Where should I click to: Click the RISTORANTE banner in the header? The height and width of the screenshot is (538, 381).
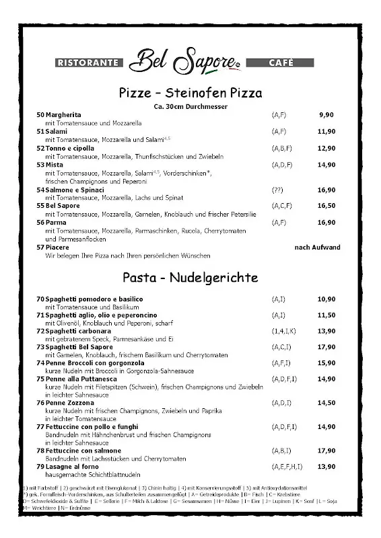(x=88, y=63)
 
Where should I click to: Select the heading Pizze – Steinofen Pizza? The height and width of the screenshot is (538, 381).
(x=190, y=92)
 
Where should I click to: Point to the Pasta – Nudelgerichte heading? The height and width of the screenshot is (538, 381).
(x=190, y=277)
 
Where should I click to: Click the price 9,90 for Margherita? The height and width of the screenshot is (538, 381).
(x=326, y=115)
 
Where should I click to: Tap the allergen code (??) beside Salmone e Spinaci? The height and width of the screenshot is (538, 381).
(x=277, y=190)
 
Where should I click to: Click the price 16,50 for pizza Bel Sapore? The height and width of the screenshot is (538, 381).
(x=326, y=206)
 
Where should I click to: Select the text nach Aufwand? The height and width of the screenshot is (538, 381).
(x=318, y=247)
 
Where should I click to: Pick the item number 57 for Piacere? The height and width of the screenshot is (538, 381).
(x=40, y=247)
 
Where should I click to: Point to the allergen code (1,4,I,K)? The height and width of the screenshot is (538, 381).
(x=283, y=331)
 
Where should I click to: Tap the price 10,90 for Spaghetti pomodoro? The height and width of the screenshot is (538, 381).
(x=326, y=299)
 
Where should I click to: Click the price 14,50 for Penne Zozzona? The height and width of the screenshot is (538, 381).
(x=326, y=402)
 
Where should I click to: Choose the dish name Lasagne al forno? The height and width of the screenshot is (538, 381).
(x=72, y=466)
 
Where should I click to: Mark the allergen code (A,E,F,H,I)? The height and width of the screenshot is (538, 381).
(x=287, y=466)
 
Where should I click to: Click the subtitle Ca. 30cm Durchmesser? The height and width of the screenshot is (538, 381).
(x=190, y=106)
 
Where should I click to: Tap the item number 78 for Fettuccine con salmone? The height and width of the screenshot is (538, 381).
(x=40, y=450)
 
